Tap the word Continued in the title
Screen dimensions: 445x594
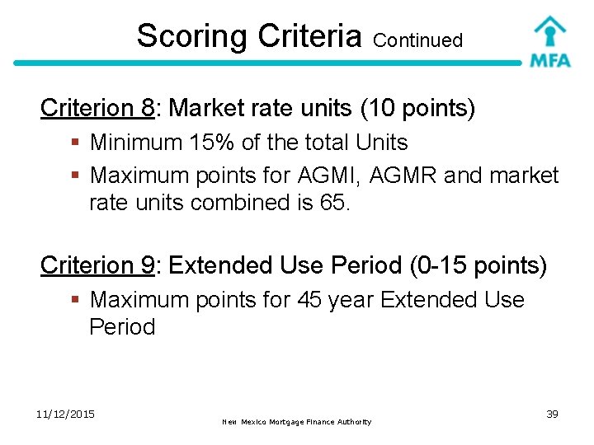(417, 40)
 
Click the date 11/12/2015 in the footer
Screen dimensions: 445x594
(66, 413)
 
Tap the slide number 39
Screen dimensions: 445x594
(552, 414)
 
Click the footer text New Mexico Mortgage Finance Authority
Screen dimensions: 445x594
(297, 422)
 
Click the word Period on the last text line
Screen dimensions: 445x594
(122, 327)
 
